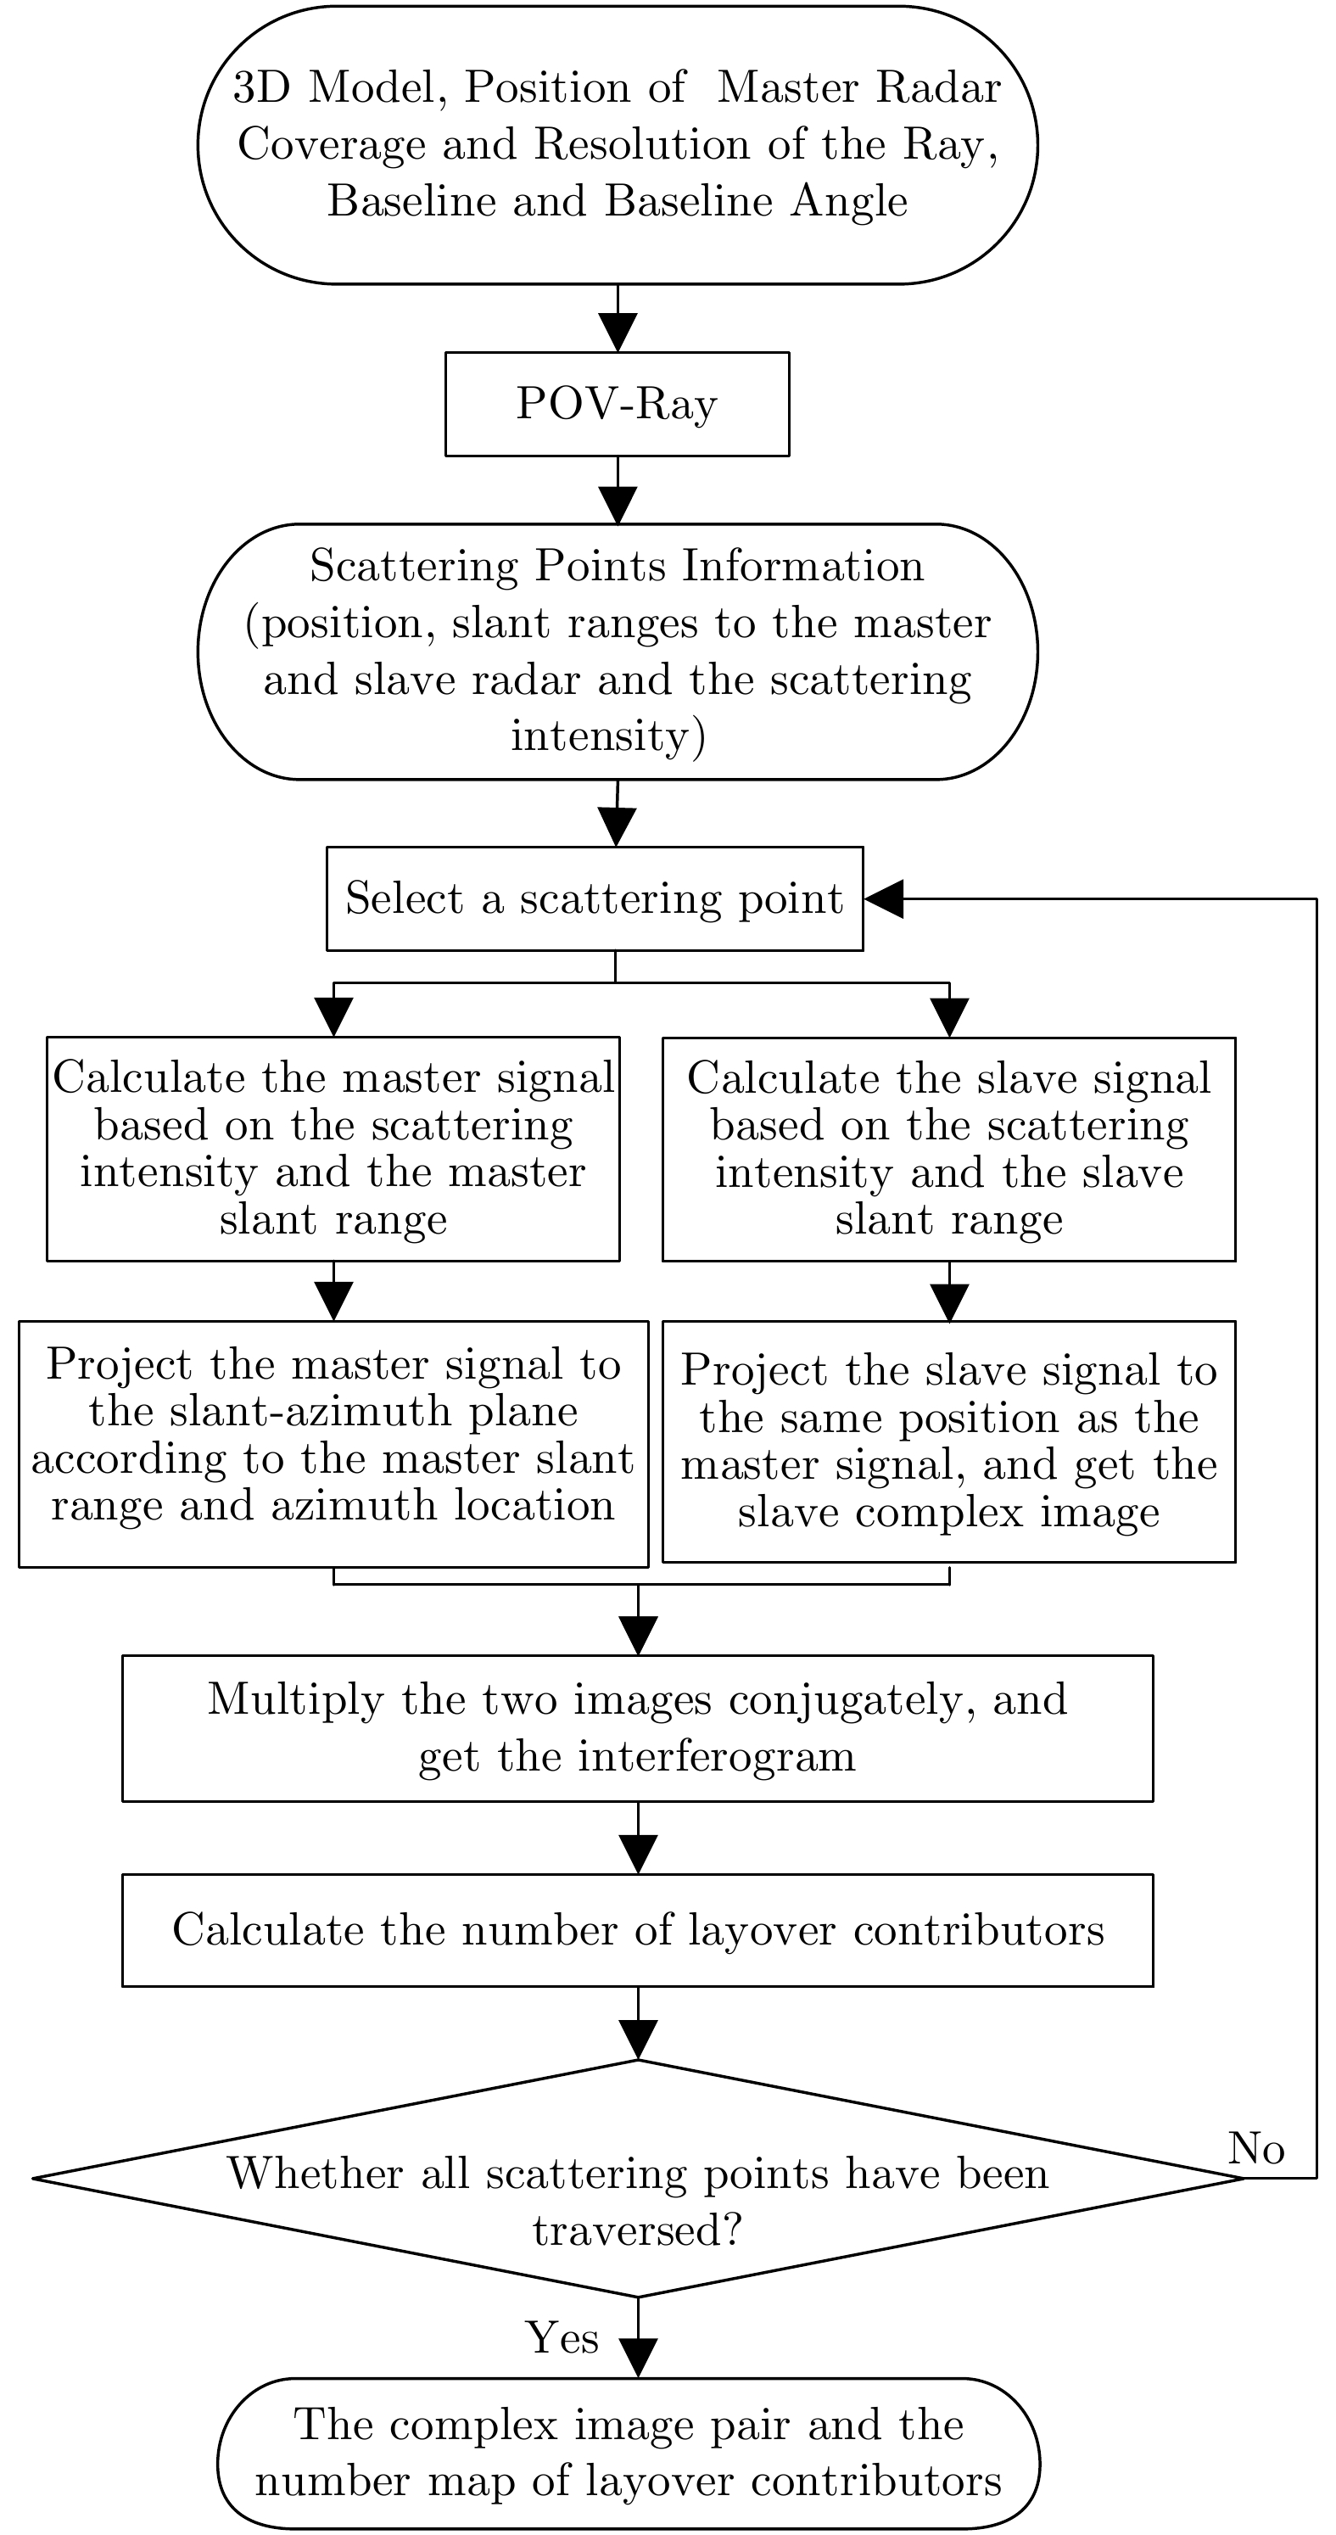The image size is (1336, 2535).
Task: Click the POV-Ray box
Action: click(x=617, y=404)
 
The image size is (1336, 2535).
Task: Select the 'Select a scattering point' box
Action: click(x=595, y=898)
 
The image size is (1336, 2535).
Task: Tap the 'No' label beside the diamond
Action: click(x=1256, y=2148)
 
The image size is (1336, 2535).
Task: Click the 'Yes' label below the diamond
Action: click(x=562, y=2338)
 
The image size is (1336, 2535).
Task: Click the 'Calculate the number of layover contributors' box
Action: click(x=638, y=1930)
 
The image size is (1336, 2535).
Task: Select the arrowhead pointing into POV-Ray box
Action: click(x=618, y=333)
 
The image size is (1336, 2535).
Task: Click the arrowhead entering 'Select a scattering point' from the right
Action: click(x=883, y=898)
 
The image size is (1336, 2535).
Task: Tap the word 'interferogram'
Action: click(x=716, y=1755)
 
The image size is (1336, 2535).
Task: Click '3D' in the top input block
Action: click(x=262, y=87)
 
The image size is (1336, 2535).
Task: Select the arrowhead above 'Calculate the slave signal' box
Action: click(x=949, y=1017)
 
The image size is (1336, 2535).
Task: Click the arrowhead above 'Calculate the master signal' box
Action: click(x=333, y=1017)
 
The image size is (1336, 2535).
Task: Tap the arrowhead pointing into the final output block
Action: click(x=638, y=2359)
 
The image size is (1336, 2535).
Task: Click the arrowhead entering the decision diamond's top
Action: click(x=638, y=2039)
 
